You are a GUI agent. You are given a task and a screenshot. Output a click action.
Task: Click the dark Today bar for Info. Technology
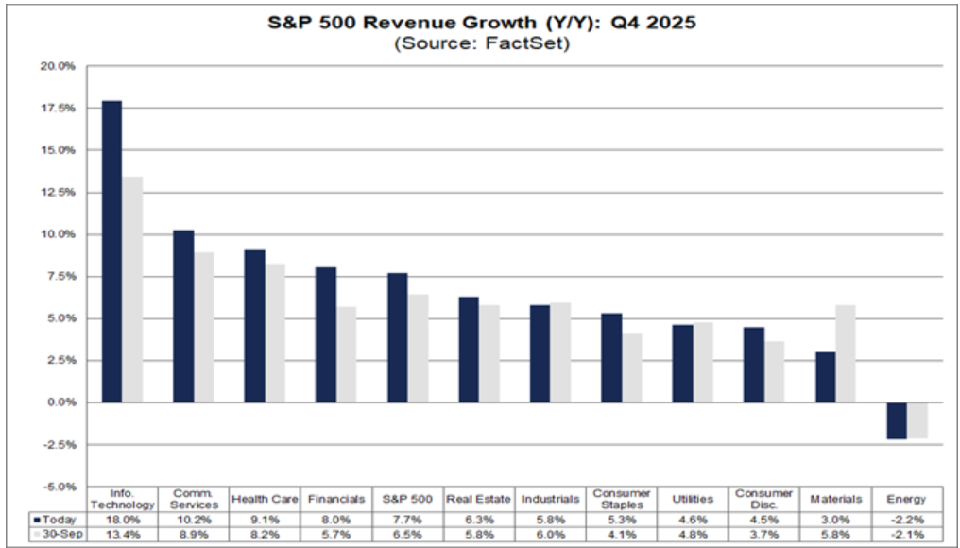pos(111,251)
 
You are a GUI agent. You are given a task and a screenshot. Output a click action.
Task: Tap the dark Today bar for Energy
pos(896,420)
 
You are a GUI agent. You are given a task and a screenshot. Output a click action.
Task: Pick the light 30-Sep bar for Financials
pos(347,354)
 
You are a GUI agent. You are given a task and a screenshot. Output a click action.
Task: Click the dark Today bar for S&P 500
pos(397,337)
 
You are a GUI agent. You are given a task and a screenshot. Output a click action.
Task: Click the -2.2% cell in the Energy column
pos(906,518)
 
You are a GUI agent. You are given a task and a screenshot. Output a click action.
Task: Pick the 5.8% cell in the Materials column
pos(835,534)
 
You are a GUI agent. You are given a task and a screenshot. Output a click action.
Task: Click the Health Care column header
pos(265,499)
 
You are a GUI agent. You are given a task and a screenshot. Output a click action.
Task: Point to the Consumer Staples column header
pos(620,499)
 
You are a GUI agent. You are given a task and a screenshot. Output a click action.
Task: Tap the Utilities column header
pos(692,499)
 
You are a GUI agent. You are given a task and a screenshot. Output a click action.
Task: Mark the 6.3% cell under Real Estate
pos(478,518)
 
